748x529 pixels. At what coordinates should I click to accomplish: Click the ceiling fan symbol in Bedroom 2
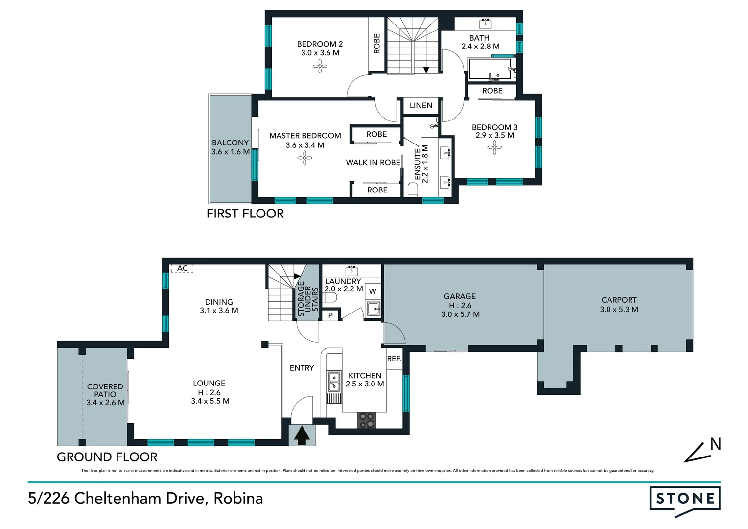[x=320, y=66]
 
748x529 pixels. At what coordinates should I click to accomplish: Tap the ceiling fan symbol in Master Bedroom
[x=304, y=158]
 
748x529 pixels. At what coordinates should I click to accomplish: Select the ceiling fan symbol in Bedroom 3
[x=494, y=147]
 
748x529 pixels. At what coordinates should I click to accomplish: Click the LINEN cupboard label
[x=421, y=105]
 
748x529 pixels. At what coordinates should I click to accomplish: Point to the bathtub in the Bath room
[x=490, y=69]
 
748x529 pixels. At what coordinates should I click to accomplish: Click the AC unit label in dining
[x=183, y=268]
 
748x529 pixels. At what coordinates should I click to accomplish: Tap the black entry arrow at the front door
[x=302, y=435]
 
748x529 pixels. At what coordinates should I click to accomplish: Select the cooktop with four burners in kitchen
[x=366, y=420]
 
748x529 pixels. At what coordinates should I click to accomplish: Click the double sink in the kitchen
[x=334, y=382]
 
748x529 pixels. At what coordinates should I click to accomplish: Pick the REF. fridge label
[x=394, y=359]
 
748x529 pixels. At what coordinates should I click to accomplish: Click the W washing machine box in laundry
[x=373, y=291]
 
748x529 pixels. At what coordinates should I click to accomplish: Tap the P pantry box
[x=330, y=315]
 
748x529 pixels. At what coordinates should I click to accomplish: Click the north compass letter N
[x=715, y=444]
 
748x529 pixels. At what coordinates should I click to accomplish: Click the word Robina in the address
[x=238, y=498]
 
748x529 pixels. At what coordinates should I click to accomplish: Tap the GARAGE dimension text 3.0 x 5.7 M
[x=460, y=314]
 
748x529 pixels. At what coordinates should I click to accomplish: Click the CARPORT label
[x=619, y=300]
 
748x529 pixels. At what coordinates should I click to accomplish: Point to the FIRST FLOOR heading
[x=245, y=214]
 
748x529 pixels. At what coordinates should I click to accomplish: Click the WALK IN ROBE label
[x=373, y=162]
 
